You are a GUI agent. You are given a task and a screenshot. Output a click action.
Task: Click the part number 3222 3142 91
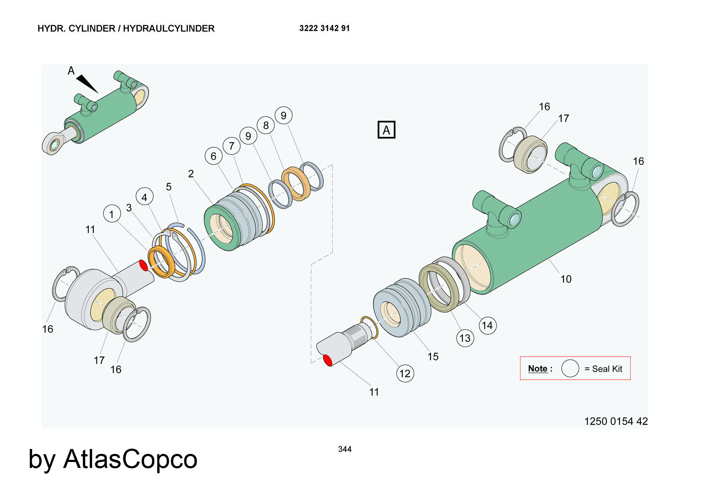click(324, 28)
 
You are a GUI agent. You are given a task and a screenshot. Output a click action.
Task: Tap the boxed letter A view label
click(386, 130)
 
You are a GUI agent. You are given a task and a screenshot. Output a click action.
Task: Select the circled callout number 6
click(213, 156)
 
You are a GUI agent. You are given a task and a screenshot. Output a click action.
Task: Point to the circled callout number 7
click(231, 146)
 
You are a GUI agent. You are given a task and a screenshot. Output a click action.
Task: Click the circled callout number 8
click(266, 125)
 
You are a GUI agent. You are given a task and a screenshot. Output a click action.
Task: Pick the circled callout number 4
click(144, 197)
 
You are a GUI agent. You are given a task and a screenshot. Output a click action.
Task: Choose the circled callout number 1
click(112, 214)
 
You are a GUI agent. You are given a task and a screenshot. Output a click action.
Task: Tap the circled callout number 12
click(405, 373)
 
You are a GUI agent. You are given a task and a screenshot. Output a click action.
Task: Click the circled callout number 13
click(465, 338)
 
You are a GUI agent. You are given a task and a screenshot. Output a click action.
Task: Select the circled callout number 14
click(487, 325)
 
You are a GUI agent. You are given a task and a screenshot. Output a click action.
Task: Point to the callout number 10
click(566, 279)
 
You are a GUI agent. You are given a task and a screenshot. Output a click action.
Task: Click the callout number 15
click(433, 356)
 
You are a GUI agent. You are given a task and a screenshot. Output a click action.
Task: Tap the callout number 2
click(191, 174)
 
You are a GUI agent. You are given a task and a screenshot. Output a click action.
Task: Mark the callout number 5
click(169, 187)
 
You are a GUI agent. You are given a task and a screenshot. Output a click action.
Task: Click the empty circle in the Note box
click(570, 368)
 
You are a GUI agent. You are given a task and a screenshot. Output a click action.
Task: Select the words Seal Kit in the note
click(607, 369)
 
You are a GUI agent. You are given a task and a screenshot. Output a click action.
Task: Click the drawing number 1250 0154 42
click(616, 421)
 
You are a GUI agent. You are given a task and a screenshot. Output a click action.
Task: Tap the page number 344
click(345, 449)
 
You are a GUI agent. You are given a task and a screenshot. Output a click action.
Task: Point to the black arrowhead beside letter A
click(87, 83)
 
